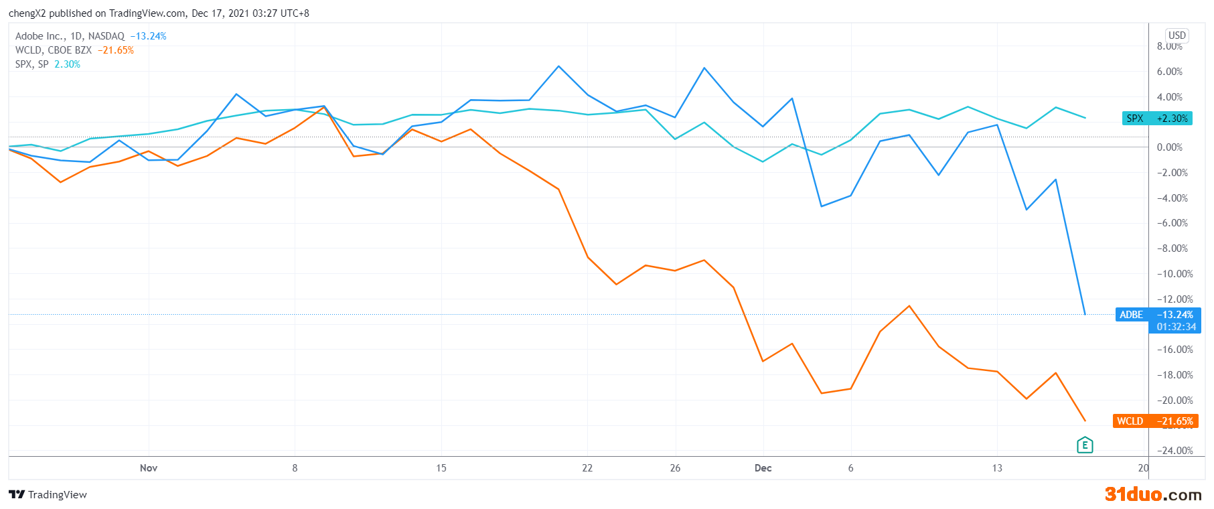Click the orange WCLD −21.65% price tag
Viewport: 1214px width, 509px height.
click(x=1155, y=421)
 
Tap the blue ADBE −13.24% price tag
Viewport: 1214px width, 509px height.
click(x=1157, y=315)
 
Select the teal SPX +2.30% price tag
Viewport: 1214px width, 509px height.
click(x=1157, y=119)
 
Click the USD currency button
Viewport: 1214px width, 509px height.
click(x=1177, y=35)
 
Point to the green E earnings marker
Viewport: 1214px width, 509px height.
click(x=1085, y=445)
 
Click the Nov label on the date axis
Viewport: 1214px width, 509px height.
click(x=149, y=468)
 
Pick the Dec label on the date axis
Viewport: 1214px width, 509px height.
click(x=763, y=468)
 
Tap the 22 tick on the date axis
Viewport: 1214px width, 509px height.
click(x=587, y=468)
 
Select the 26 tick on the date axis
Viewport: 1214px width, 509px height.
click(x=675, y=468)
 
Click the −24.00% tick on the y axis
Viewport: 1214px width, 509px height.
click(x=1174, y=451)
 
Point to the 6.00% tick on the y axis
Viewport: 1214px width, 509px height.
click(x=1169, y=72)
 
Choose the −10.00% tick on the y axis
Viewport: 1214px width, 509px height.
click(x=1174, y=274)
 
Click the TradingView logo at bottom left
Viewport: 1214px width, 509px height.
click(x=48, y=495)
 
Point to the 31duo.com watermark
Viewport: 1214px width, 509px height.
click(x=1152, y=495)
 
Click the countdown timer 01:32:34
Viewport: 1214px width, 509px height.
click(x=1176, y=327)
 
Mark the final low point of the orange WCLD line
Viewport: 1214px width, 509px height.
click(x=1085, y=421)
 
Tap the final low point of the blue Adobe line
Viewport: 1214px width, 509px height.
click(x=1085, y=314)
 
